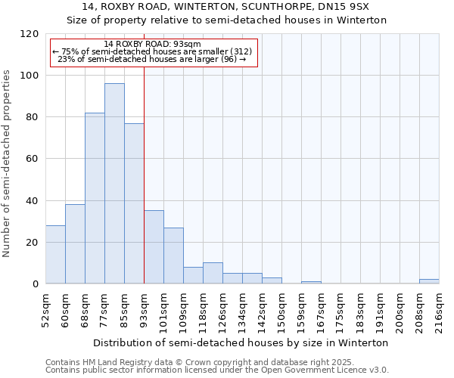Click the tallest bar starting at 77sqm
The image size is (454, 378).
[114, 184]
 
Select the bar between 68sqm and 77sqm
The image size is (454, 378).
[95, 198]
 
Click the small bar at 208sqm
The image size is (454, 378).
[429, 281]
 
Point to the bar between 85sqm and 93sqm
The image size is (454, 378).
[134, 203]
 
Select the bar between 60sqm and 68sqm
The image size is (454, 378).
[75, 244]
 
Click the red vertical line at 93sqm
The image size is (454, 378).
[144, 174]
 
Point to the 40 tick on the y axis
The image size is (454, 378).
[32, 201]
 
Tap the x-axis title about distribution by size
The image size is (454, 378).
[242, 342]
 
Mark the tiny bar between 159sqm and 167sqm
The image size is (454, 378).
[311, 282]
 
